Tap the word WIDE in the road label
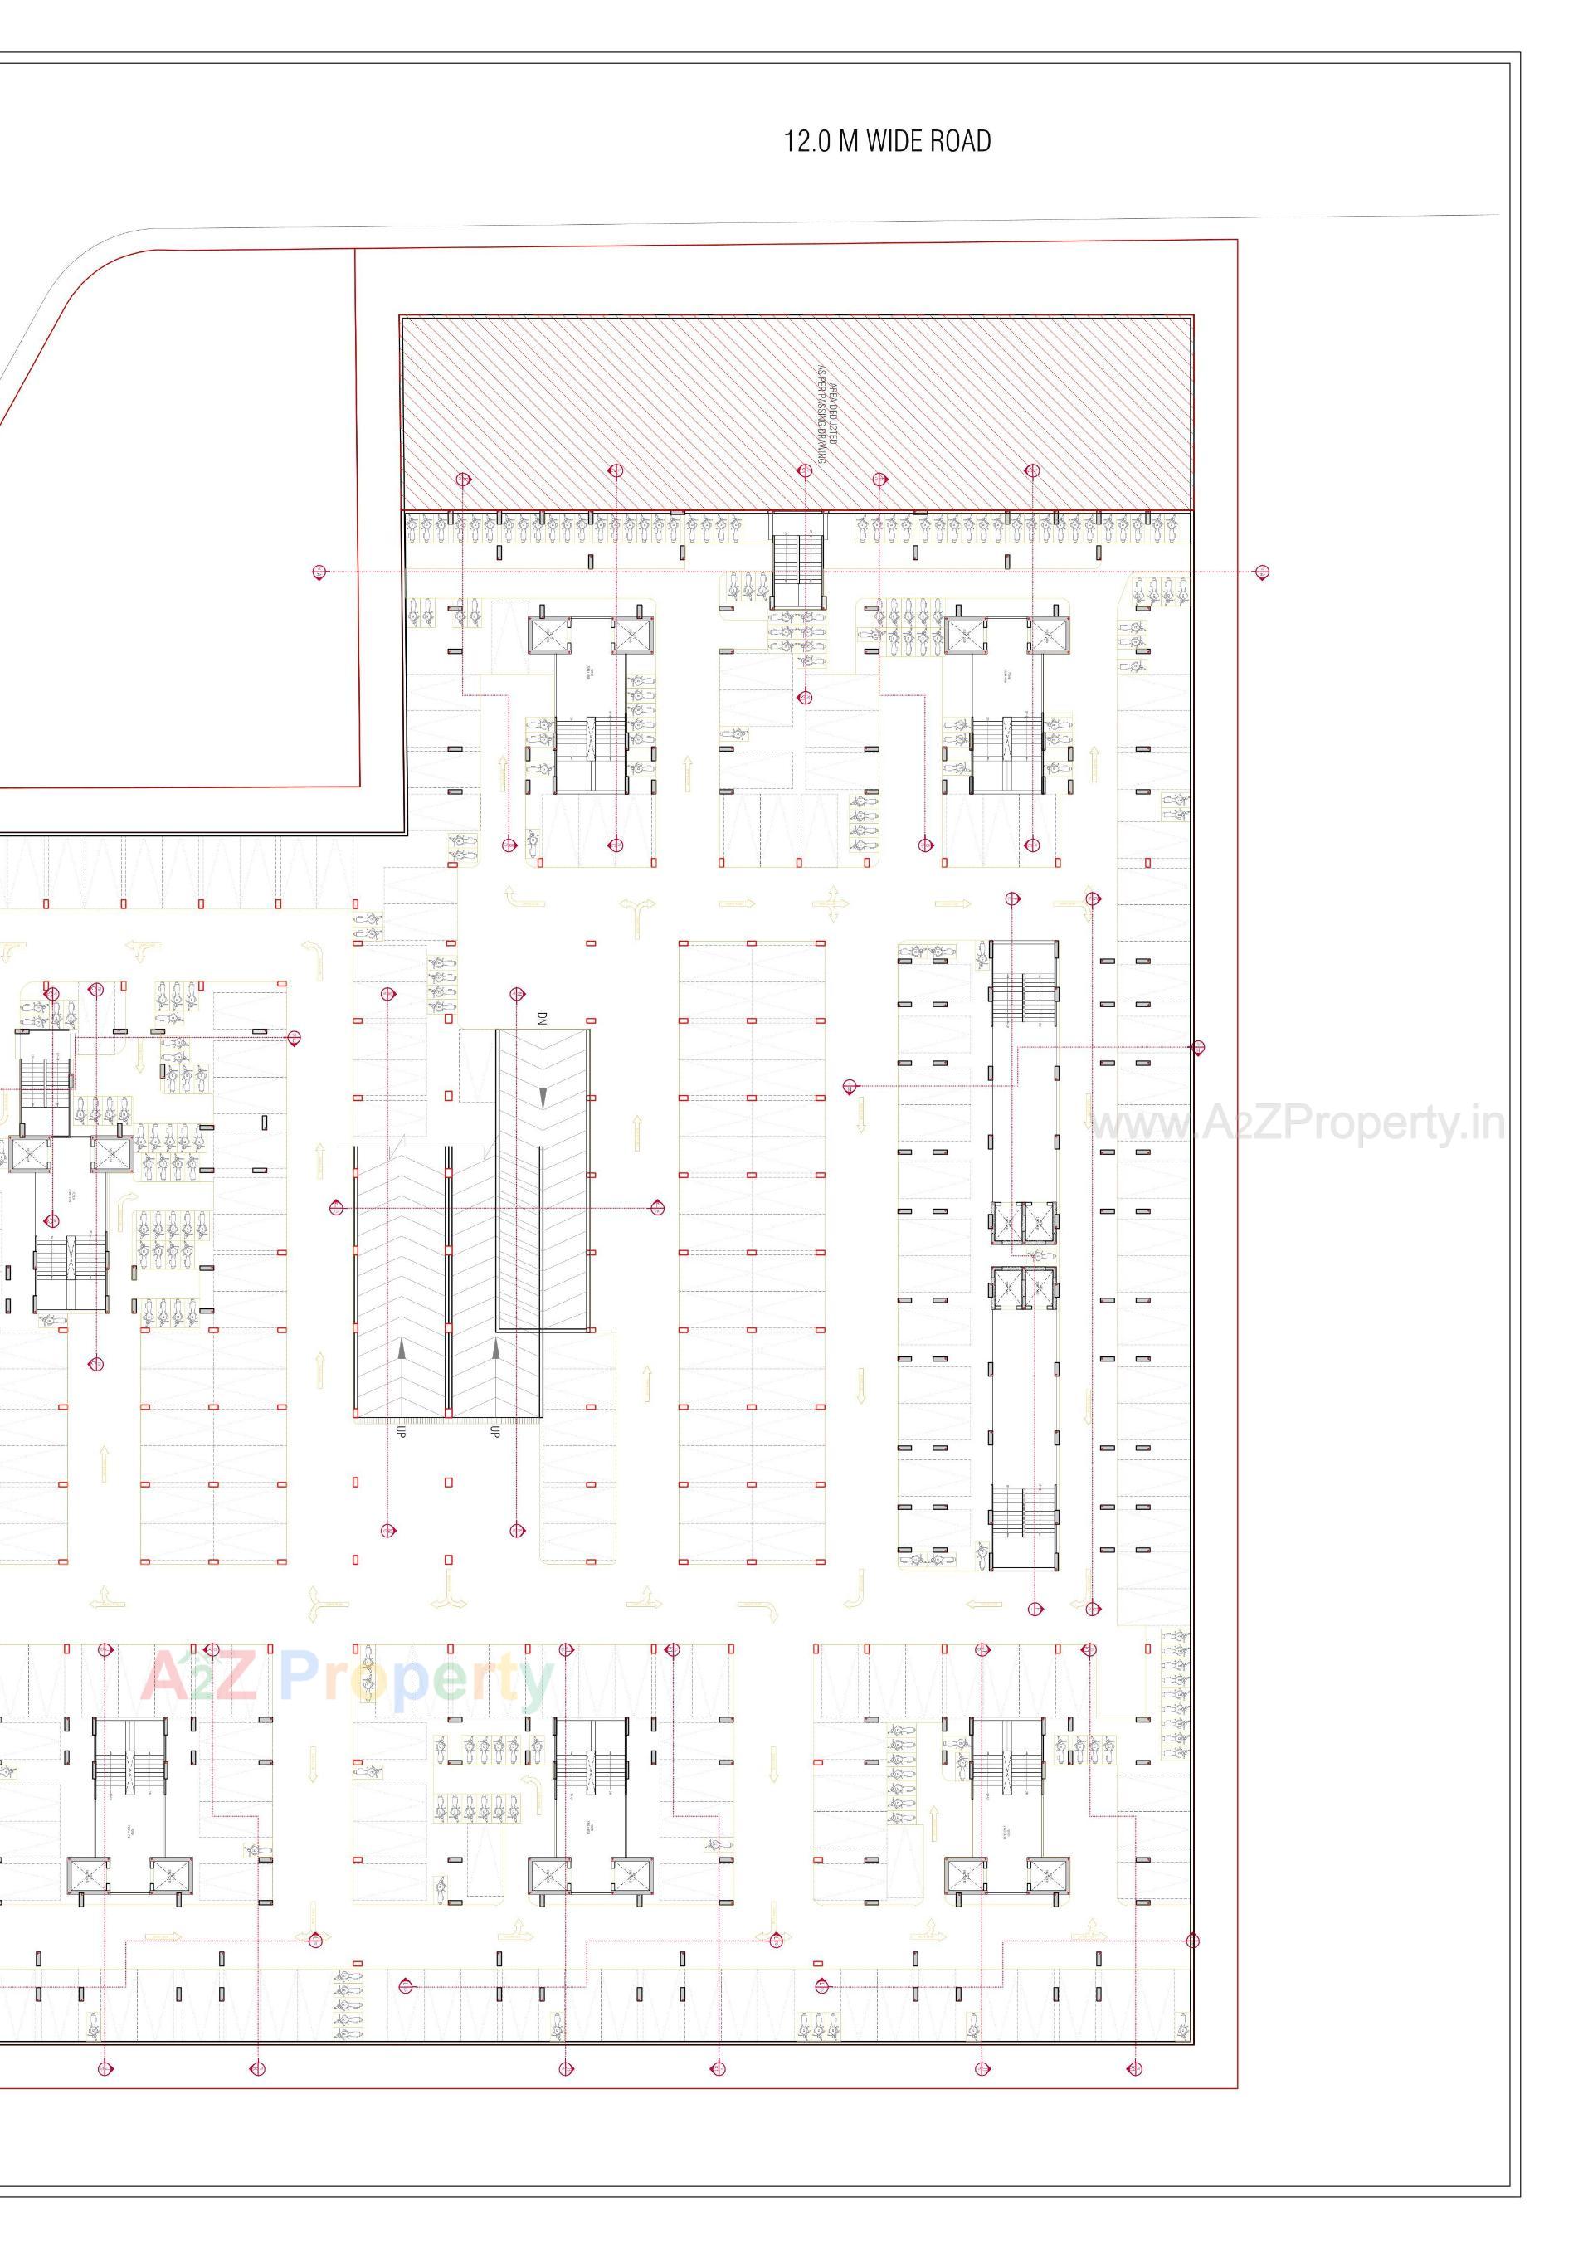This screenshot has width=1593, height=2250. tap(894, 141)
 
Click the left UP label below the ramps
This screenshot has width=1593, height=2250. tap(400, 1431)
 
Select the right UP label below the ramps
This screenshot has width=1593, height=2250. tap(495, 1431)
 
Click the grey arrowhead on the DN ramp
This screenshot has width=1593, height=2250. tap(543, 1094)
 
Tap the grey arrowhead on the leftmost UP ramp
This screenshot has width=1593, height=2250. tap(402, 1350)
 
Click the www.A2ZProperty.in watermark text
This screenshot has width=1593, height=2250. tap(1297, 1125)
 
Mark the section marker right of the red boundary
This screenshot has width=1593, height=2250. tap(1263, 572)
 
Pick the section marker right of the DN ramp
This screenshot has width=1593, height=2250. tap(656, 1206)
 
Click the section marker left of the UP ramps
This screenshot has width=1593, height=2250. tap(338, 1206)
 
